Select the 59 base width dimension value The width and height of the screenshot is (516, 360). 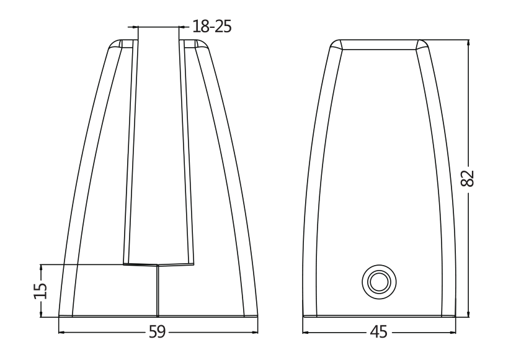(157, 333)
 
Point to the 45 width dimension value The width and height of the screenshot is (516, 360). (378, 333)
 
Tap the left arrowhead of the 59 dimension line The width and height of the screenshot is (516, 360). (61, 333)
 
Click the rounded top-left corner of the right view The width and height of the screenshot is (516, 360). (336, 45)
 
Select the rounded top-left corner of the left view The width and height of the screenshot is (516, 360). (114, 45)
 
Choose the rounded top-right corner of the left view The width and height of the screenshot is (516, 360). (202, 45)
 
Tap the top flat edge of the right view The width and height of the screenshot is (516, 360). (378, 41)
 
